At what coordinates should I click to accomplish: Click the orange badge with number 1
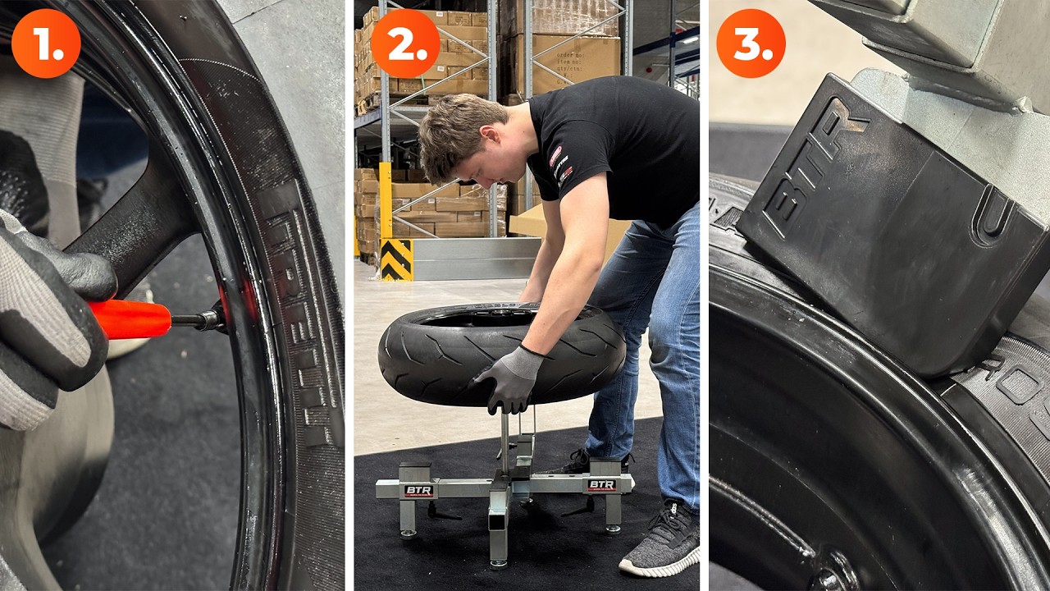point(46,43)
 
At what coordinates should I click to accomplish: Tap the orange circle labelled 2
point(405,43)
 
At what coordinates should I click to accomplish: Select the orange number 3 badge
point(751,43)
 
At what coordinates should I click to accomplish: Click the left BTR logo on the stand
point(418,490)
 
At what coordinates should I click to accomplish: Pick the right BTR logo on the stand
point(600,485)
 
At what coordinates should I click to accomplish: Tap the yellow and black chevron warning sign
point(397,260)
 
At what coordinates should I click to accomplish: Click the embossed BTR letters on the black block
point(812,164)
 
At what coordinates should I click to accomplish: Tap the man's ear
point(489,138)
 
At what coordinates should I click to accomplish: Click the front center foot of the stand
point(499,559)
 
